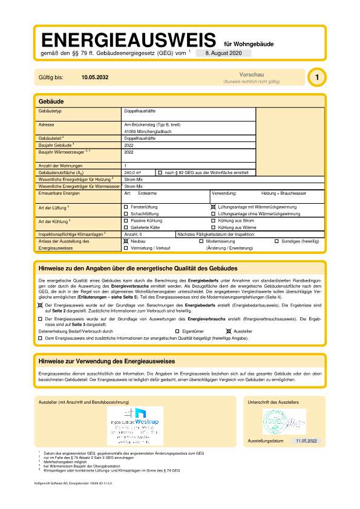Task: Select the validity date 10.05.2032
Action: point(95,78)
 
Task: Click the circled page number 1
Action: point(316,77)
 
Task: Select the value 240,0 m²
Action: point(133,173)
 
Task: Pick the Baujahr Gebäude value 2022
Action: point(128,145)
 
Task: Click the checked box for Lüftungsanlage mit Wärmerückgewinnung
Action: point(213,207)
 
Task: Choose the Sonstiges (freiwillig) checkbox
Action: point(277,241)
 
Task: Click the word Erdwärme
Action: point(148,193)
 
